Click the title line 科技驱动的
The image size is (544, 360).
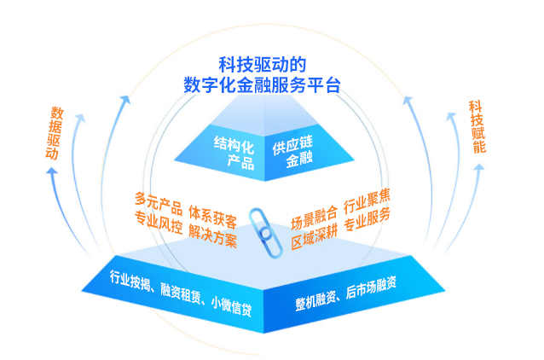262,64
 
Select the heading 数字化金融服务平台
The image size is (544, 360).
262,84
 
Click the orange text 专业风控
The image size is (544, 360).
159,226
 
